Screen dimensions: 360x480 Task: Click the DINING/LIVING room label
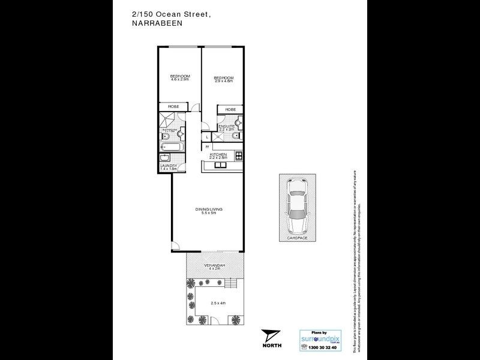point(209,209)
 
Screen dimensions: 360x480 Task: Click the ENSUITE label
point(226,127)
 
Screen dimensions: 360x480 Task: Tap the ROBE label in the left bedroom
point(173,108)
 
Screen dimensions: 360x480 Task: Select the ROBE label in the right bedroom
point(230,109)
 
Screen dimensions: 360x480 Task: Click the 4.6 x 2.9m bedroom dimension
point(180,79)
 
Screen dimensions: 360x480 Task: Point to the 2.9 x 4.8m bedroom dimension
point(224,81)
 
